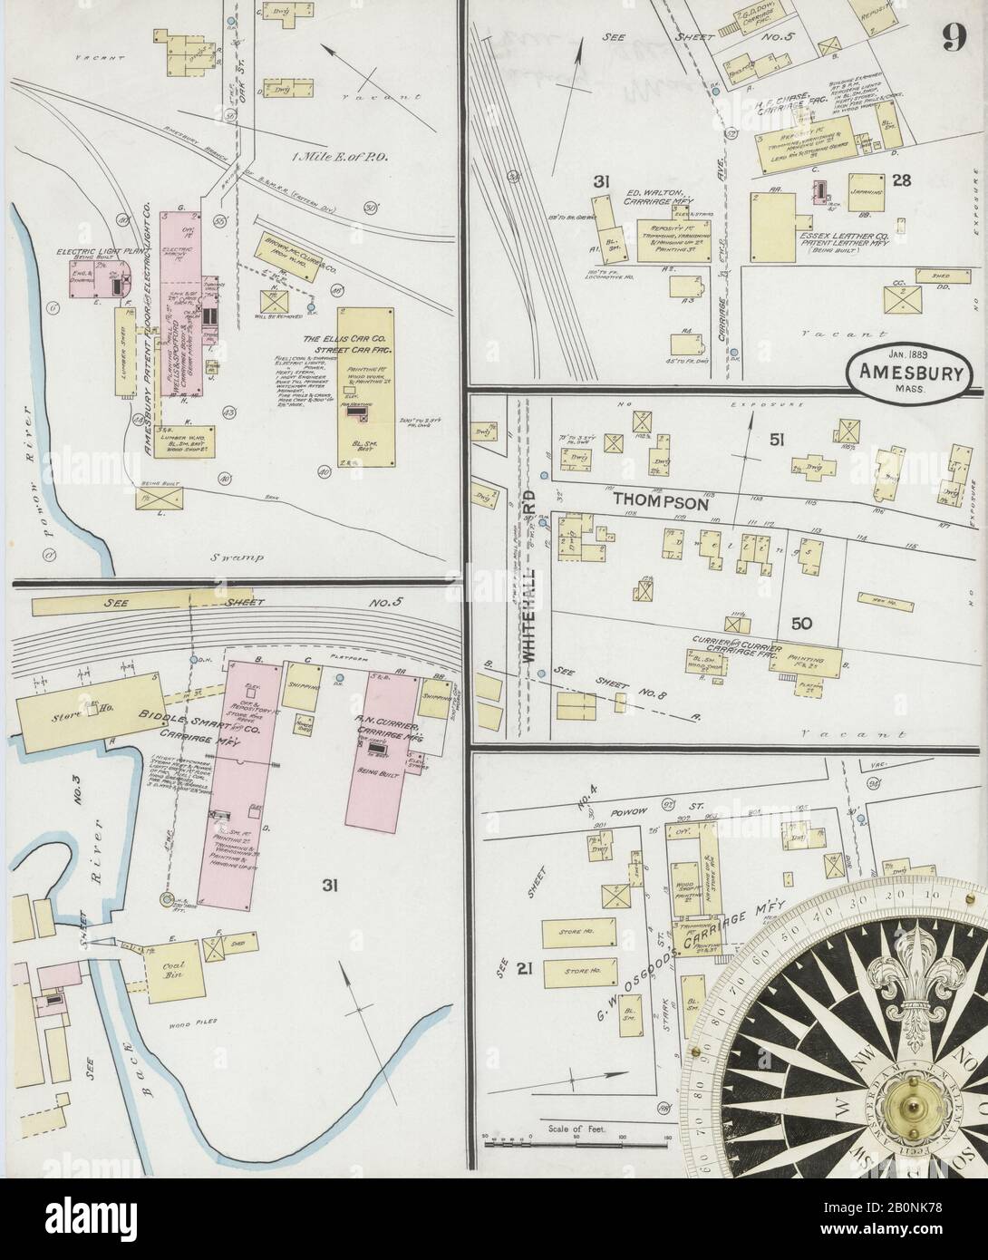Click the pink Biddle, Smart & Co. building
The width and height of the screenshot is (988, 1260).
(238, 780)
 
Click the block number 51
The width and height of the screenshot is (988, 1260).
(776, 441)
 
